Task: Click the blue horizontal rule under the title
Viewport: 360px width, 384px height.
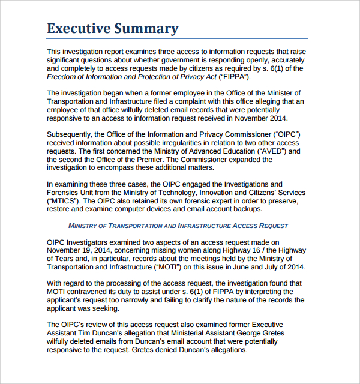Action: [x=178, y=39]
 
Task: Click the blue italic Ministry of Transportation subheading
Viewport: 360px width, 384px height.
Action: [x=178, y=226]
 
